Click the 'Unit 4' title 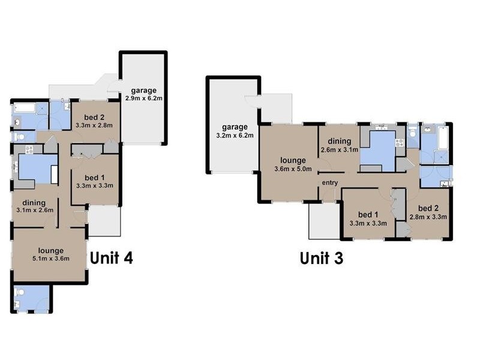coord(111,258)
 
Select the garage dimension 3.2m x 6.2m coord(235,136)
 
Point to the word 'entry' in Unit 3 coord(329,182)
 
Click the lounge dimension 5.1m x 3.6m coord(50,259)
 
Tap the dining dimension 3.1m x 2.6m coord(34,210)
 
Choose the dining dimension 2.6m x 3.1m coord(339,150)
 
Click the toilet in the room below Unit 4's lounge coord(20,293)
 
